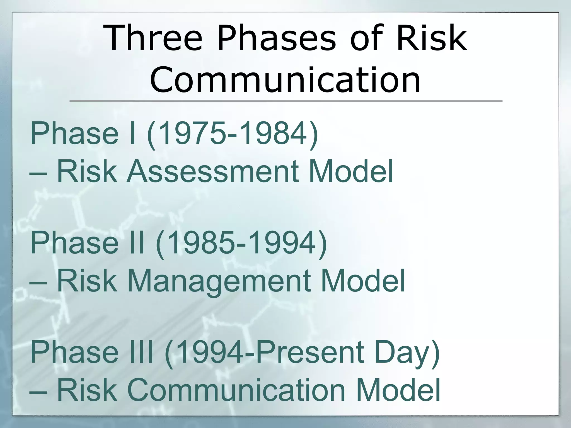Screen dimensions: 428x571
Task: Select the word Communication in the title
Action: point(285,79)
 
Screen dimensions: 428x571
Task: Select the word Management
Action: point(219,281)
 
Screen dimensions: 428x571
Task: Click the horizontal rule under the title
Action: point(285,101)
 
